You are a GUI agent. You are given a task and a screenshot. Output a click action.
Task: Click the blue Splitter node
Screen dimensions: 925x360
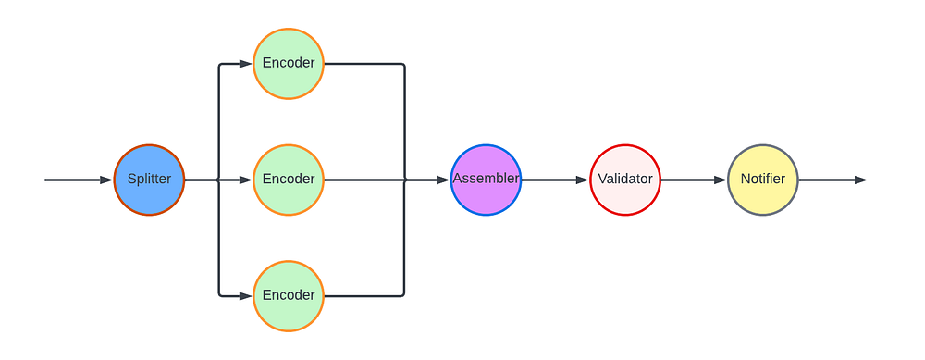149,180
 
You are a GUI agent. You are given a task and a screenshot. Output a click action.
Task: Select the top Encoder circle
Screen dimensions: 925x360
289,64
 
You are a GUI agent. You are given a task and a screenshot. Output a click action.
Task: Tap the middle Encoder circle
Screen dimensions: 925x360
289,180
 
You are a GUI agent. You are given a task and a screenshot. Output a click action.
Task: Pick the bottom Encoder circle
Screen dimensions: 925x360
289,295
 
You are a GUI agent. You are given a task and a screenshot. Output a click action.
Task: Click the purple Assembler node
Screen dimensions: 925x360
487,180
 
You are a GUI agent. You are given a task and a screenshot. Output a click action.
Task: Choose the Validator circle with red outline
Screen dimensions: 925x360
625,180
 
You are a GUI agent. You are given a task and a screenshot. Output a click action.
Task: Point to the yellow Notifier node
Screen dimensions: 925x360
763,180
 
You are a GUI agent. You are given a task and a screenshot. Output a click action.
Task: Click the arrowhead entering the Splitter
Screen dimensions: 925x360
106,180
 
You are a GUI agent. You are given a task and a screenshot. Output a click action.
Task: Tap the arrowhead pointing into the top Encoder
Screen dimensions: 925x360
245,64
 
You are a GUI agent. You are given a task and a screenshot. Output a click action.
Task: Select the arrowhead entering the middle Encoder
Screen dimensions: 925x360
245,180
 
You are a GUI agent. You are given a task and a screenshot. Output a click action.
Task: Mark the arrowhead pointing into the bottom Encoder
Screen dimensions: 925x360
245,295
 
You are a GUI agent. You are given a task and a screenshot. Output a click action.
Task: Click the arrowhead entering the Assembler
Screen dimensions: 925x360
443,180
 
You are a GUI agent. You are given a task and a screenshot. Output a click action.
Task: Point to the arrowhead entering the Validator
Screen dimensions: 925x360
582,180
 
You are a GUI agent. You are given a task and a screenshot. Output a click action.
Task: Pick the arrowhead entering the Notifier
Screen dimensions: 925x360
721,180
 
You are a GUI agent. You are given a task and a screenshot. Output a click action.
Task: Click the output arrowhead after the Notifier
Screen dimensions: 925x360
860,180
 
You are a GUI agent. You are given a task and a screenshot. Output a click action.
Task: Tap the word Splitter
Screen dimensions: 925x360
149,180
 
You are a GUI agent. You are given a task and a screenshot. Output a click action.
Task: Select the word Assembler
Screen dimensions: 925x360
487,179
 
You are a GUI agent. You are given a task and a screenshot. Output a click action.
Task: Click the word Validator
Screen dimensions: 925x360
625,179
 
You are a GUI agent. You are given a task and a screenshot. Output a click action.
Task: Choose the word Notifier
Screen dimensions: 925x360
763,179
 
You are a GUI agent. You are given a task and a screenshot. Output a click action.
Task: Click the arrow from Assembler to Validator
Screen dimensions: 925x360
555,180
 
